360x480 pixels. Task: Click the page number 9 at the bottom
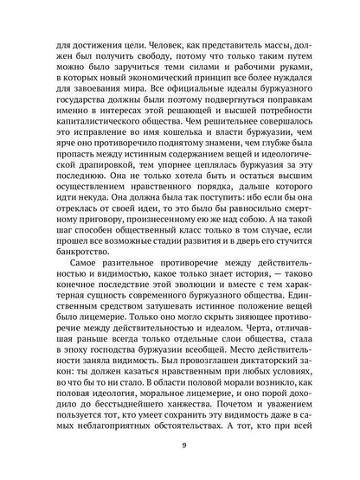click(180, 446)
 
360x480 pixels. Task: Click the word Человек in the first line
click(139, 38)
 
